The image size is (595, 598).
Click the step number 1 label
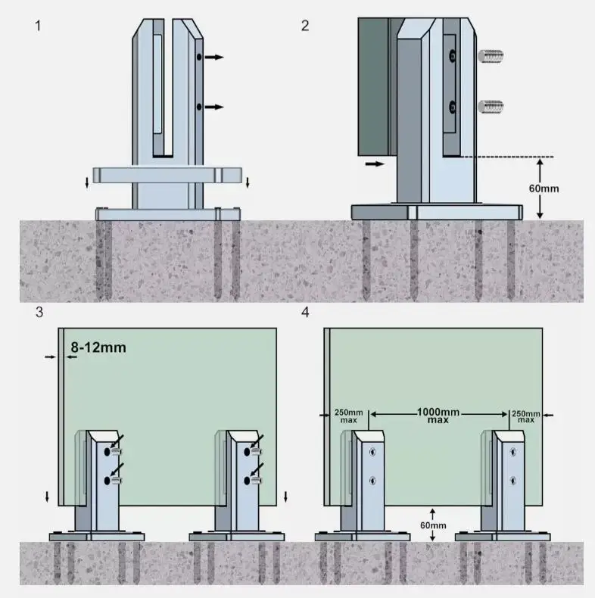38,26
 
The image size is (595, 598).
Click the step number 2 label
305,26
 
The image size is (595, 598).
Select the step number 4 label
305,313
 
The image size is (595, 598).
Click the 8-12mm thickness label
98,347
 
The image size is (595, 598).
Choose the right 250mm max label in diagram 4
526,416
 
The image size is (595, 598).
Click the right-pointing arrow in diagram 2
374,163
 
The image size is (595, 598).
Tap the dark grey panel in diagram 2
372,83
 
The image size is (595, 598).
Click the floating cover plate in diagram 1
168,175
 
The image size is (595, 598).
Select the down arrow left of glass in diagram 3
48,497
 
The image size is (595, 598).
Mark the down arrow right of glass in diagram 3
285,497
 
